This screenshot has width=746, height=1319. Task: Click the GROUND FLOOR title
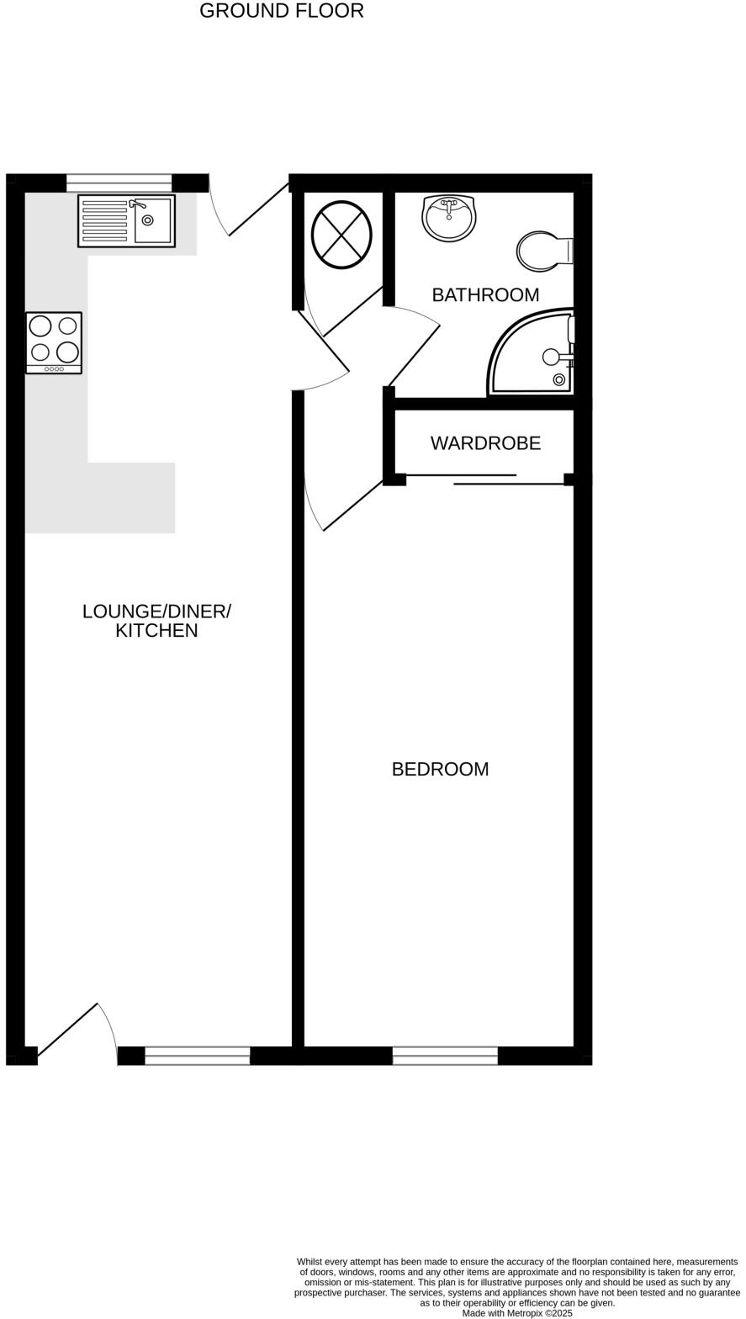pos(281,11)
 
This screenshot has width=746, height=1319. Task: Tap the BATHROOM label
pos(485,295)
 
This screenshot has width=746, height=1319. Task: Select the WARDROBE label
pos(485,443)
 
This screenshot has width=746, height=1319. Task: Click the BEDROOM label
pos(440,769)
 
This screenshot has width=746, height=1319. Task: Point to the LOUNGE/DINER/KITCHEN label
pos(156,621)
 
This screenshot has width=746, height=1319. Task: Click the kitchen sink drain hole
pos(148,220)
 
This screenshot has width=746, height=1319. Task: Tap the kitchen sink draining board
pos(105,221)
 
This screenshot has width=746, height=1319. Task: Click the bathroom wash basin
pos(449,218)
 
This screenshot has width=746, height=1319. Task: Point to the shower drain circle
pos(559,379)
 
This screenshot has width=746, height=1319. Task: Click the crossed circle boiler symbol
pos(341,235)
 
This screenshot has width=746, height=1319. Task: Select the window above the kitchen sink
pos(119,183)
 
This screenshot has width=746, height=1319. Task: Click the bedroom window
pos(445,1056)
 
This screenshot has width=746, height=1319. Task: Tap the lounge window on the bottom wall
pos(198,1056)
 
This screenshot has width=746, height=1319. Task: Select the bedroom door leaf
pos(353,505)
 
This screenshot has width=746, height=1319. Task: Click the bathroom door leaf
pos(414,355)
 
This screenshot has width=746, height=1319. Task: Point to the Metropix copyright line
pos(517,1313)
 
